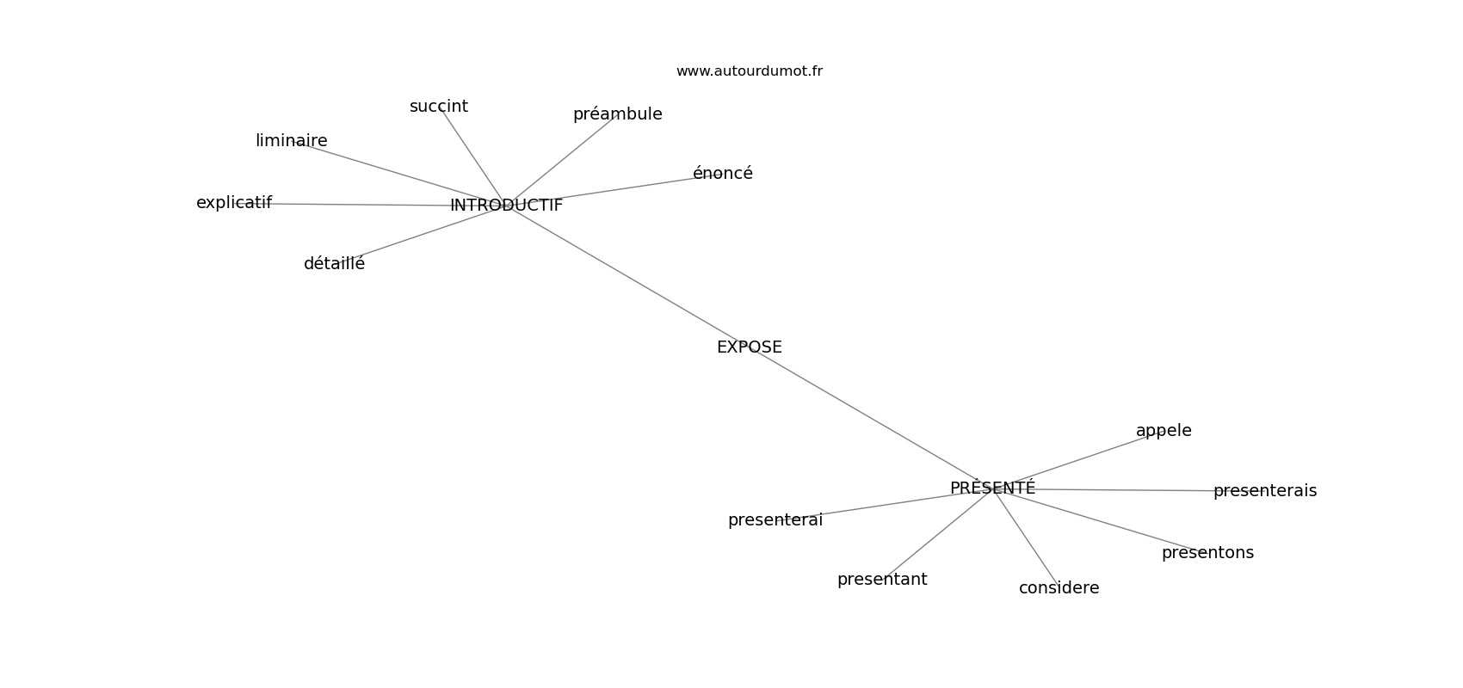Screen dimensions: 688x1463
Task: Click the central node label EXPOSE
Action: click(749, 347)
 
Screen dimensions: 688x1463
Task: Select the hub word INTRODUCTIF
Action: click(506, 206)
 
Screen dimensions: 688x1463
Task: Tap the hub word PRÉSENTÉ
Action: click(992, 488)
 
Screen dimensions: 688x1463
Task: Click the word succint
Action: click(439, 107)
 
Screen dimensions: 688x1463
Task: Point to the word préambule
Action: click(617, 114)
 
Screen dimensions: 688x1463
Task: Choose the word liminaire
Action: click(291, 141)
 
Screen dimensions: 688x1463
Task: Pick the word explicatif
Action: click(234, 203)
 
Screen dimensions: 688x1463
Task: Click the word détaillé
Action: click(334, 264)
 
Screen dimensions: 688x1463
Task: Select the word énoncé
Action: click(722, 174)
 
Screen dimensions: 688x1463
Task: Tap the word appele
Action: click(1164, 431)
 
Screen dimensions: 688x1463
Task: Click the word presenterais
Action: click(1264, 491)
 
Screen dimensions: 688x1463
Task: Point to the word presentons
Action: click(1207, 553)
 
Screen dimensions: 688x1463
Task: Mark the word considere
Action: click(1059, 588)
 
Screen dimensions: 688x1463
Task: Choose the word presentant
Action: click(882, 580)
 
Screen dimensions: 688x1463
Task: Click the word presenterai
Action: click(775, 520)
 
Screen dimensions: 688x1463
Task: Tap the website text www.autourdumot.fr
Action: click(749, 71)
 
